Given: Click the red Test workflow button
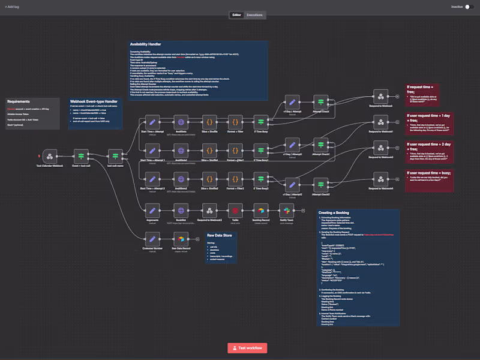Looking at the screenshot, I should click(247, 348).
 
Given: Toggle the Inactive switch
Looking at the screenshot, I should click(470, 7).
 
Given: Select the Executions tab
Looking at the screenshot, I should click(254, 14).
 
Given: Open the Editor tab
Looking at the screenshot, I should click(236, 14).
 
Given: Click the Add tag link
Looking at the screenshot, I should click(13, 7).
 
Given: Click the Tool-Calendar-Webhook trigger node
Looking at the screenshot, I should click(50, 156).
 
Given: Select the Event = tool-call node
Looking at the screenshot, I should click(82, 156).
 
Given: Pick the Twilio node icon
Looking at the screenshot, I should click(235, 210).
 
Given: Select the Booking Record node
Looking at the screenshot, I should click(262, 210).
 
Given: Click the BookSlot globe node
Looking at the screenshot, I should click(182, 210).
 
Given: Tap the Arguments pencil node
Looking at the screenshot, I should click(152, 210).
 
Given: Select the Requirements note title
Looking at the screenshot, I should click(19, 101).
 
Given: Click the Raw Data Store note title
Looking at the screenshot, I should click(219, 235).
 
